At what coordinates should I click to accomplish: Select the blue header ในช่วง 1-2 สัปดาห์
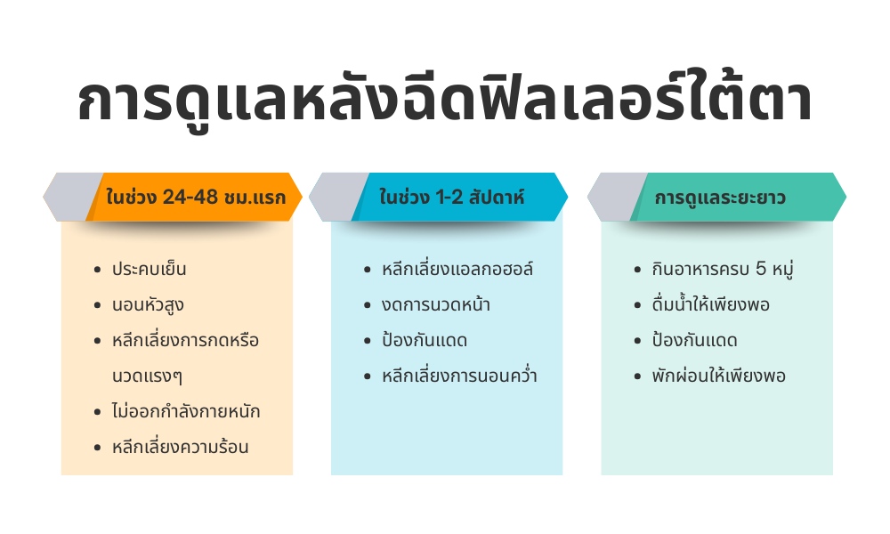click(x=451, y=198)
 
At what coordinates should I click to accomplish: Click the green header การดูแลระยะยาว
click(x=720, y=198)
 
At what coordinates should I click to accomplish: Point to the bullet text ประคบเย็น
click(x=150, y=270)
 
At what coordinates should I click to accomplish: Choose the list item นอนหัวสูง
click(x=149, y=305)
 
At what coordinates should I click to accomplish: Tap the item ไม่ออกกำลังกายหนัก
click(x=186, y=412)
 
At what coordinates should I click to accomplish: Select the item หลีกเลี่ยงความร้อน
click(x=181, y=448)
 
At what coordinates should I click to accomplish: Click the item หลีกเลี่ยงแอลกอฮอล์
click(x=457, y=270)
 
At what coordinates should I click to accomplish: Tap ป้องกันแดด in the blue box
click(x=425, y=341)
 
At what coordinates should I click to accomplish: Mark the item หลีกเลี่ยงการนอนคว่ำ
click(x=459, y=376)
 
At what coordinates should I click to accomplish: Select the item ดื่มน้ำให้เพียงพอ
click(x=710, y=305)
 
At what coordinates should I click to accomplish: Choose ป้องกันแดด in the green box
click(x=694, y=341)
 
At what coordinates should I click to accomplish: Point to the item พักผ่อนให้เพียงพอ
click(x=718, y=376)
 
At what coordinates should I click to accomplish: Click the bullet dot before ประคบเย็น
click(x=98, y=270)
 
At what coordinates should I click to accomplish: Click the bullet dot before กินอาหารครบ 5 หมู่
click(x=637, y=270)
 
